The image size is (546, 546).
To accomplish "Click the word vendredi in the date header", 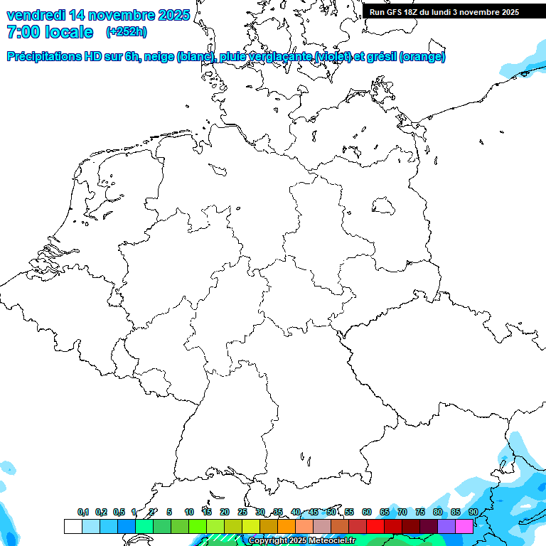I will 36,14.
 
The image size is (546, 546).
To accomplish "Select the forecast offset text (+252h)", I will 126,32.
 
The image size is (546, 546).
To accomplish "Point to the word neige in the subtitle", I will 160,57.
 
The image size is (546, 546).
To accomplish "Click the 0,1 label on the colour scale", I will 82,512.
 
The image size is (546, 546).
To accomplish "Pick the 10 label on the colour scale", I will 189,512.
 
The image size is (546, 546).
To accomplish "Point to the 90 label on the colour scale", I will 473,512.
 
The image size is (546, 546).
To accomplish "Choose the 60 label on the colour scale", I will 367,512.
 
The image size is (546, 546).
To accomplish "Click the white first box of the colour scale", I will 73,526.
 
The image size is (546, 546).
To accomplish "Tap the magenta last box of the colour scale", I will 464,526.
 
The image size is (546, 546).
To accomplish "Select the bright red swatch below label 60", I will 375,526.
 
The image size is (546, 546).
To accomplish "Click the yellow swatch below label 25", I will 250,526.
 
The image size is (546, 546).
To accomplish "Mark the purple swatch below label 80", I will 446,526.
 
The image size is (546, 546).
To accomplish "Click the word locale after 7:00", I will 69,32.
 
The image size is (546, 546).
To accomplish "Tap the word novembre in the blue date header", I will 122,14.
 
